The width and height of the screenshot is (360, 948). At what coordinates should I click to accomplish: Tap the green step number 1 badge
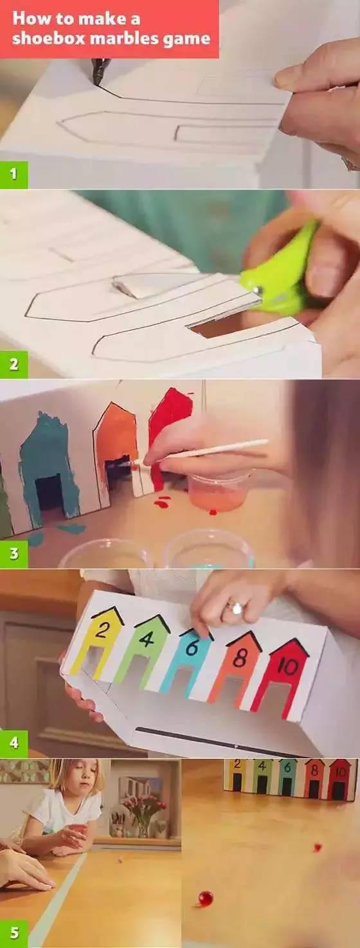[x=14, y=174]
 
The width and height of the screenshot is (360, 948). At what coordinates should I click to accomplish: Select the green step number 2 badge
[x=14, y=364]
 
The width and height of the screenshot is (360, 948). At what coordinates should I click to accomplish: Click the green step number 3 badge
[x=14, y=554]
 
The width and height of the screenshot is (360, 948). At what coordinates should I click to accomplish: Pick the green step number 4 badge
[x=14, y=743]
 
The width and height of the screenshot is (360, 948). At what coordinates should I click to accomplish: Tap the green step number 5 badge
[x=14, y=933]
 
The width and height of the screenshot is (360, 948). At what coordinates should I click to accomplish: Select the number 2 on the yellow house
[x=101, y=632]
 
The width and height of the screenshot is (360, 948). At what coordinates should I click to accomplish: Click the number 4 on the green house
[x=145, y=638]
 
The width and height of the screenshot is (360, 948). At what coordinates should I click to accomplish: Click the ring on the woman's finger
[x=236, y=609]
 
